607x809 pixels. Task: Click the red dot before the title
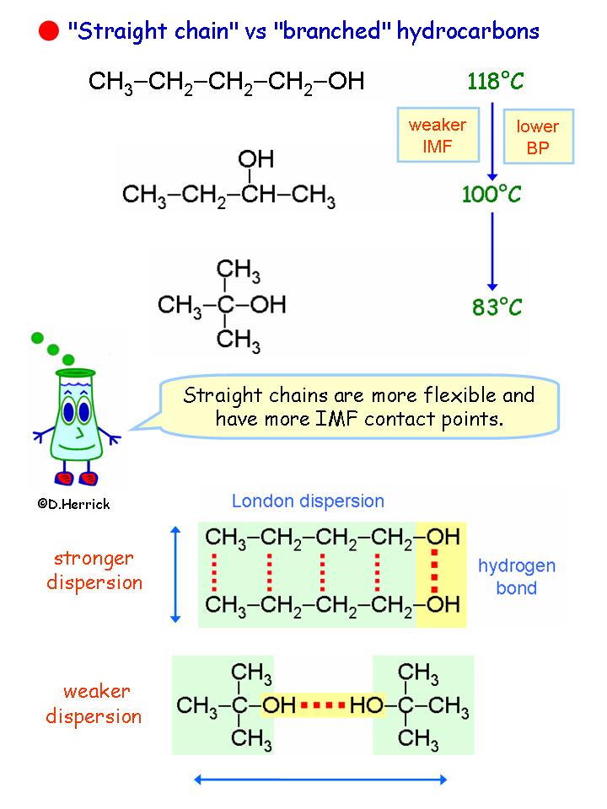pos(48,32)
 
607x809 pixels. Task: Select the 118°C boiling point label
pos(496,82)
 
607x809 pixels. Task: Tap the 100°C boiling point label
pos(492,195)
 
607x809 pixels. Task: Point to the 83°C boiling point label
pos(497,307)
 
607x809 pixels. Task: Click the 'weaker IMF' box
pos(437,134)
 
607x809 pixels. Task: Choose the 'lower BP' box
pos(537,136)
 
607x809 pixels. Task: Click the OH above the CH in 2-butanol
pos(255,158)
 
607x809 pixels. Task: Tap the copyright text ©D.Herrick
pos(73,503)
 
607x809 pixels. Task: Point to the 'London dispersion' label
pos(308,501)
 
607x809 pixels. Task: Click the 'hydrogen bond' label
pos(512,576)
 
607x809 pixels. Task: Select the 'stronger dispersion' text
pos(94,570)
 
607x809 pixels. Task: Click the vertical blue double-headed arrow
pos(175,574)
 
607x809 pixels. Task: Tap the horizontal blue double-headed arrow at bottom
pos(320,780)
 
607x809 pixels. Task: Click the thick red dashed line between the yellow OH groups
pos(435,571)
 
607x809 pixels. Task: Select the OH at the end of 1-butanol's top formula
pos(346,82)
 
